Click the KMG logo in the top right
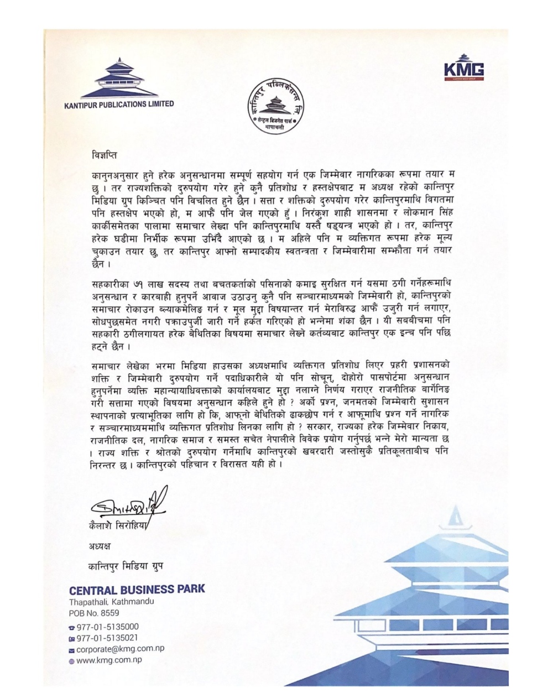(x=464, y=70)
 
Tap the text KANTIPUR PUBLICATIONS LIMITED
(x=118, y=104)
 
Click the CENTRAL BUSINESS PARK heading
(x=137, y=588)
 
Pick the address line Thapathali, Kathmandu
(x=112, y=602)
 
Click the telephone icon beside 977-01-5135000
(x=71, y=628)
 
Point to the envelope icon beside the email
(x=71, y=649)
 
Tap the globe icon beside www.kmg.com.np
(x=71, y=660)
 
